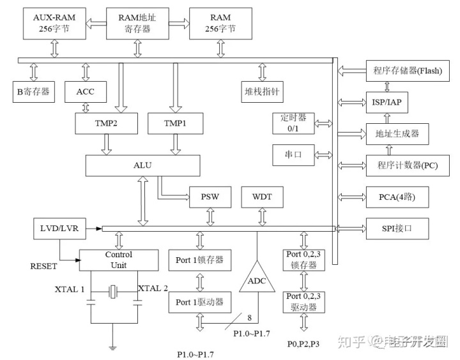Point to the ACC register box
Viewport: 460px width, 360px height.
pos(85,92)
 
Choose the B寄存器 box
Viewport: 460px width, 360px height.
pos(34,92)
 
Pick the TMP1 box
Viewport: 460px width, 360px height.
pos(175,123)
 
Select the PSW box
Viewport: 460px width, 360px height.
pos(210,197)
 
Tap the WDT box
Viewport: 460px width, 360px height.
pos(261,197)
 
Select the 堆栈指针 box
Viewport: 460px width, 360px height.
pos(262,92)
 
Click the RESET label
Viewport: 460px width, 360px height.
pos(43,266)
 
